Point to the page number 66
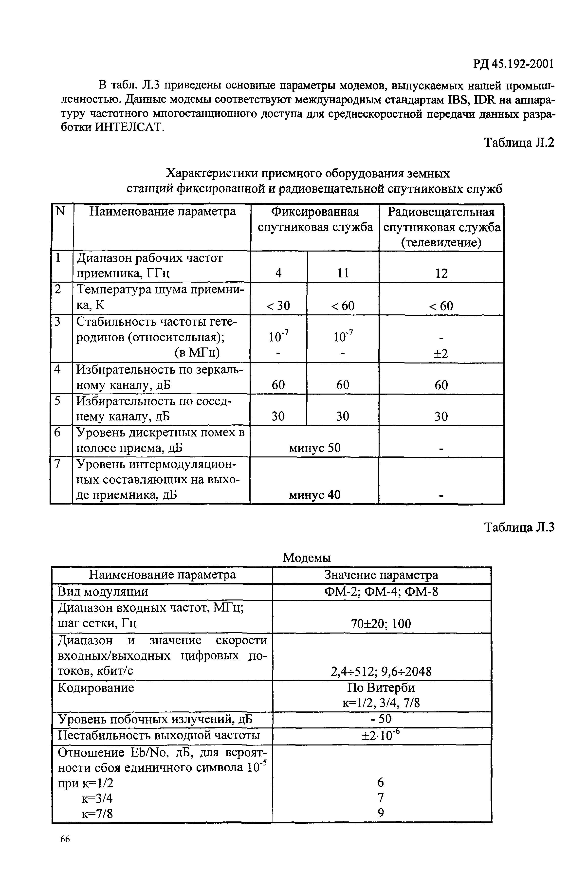click(65, 839)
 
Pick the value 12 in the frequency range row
click(441, 273)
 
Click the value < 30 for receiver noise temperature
click(278, 306)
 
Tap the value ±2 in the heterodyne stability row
click(441, 353)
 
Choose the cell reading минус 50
click(315, 448)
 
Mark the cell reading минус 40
click(315, 495)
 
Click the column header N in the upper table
click(60, 212)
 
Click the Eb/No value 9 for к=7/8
click(381, 813)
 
